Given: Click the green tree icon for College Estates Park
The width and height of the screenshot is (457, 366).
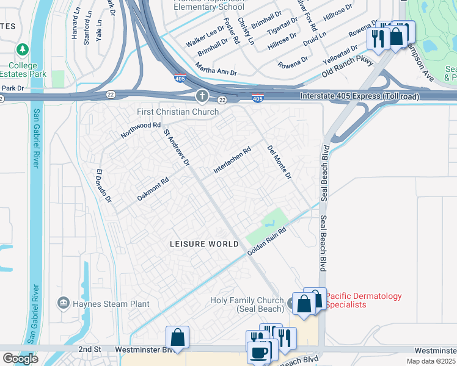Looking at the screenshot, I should (23, 49).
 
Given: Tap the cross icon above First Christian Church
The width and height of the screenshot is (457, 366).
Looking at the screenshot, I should (202, 96).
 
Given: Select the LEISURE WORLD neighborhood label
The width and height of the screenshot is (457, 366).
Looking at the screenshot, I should (204, 244).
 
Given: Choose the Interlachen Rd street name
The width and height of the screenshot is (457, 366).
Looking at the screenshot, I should (232, 160).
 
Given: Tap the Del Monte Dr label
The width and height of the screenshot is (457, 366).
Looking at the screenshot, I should (279, 163).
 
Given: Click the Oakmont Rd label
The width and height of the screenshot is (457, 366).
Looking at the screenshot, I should (153, 188).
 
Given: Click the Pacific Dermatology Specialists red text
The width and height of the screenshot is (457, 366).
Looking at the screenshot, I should (364, 300).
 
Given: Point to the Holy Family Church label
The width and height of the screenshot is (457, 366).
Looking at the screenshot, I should (247, 304).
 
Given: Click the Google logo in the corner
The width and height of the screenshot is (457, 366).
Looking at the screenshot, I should (20, 359).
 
